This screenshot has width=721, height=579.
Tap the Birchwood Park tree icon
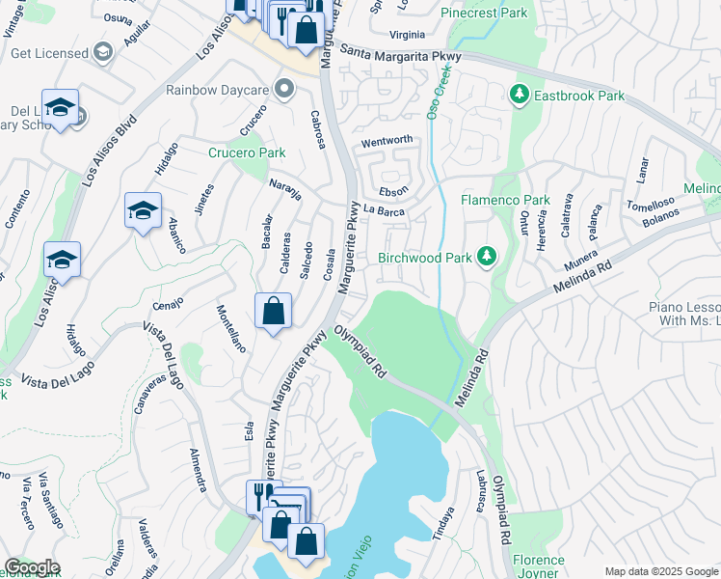(x=488, y=256)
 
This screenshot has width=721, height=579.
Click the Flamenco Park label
(x=504, y=200)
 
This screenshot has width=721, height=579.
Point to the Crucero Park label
(x=248, y=152)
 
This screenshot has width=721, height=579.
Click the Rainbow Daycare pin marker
(x=283, y=90)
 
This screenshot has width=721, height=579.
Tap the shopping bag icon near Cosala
(x=274, y=312)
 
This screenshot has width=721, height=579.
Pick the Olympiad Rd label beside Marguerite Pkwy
(x=360, y=351)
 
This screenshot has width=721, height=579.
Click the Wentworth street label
(x=387, y=142)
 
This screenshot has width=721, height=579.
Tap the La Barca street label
(x=384, y=209)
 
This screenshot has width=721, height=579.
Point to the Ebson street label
(x=393, y=191)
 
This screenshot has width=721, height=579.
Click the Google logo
(x=32, y=567)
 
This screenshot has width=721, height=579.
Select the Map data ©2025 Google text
(x=660, y=571)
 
